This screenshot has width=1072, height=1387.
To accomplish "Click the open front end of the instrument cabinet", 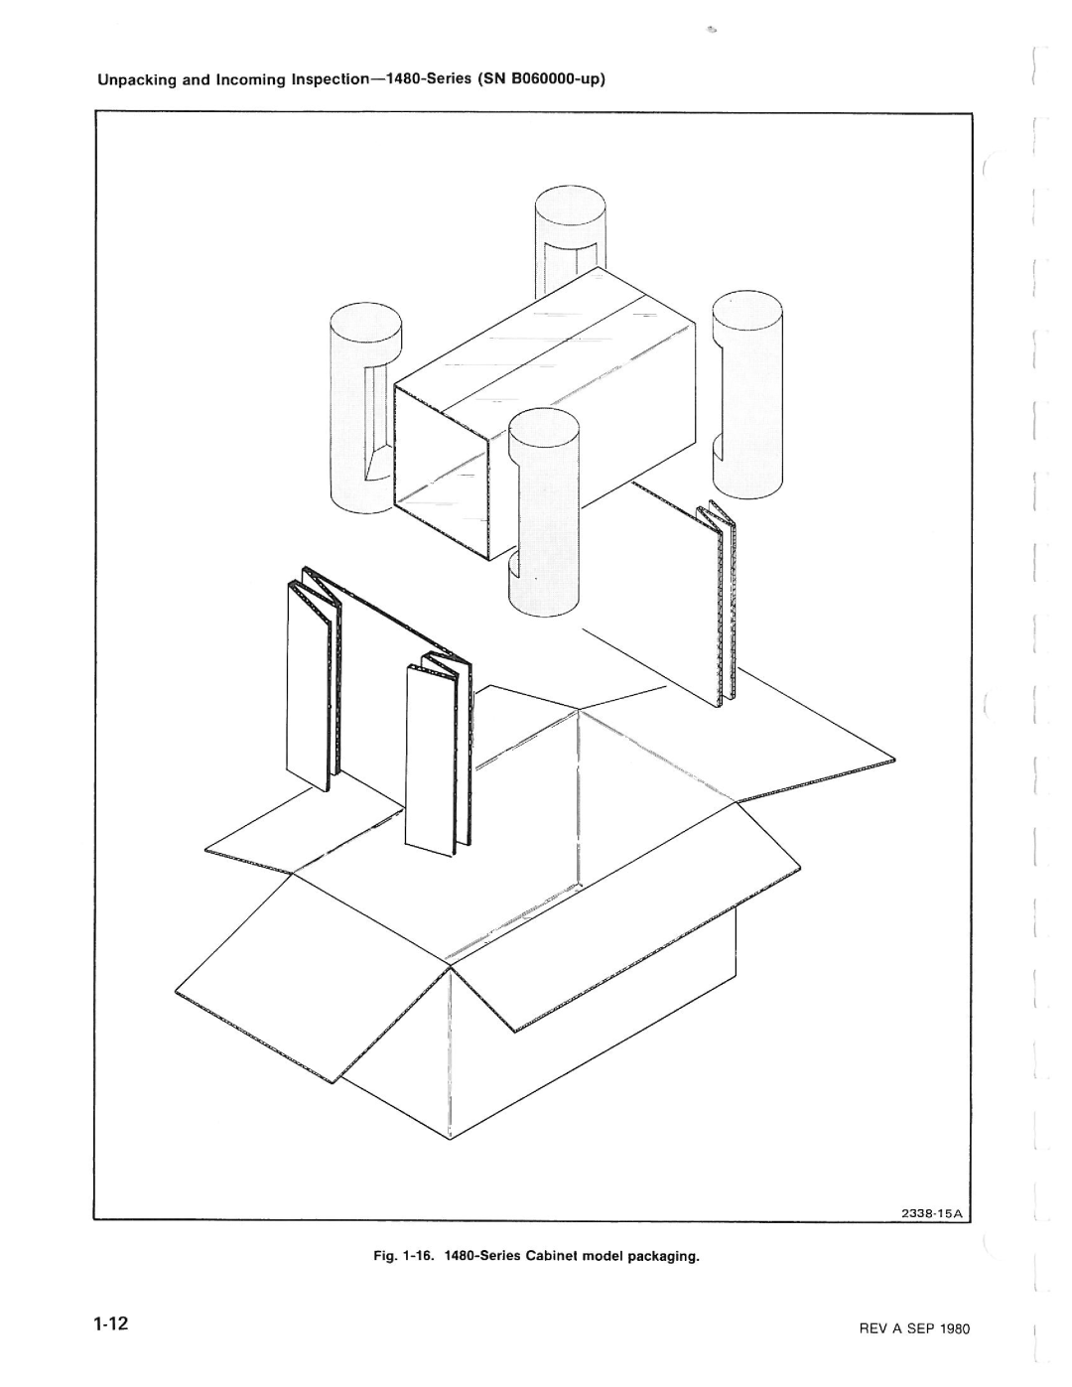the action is (443, 475).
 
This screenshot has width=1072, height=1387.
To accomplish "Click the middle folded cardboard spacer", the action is (439, 756).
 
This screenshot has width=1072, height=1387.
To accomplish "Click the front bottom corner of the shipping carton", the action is (451, 1138).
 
